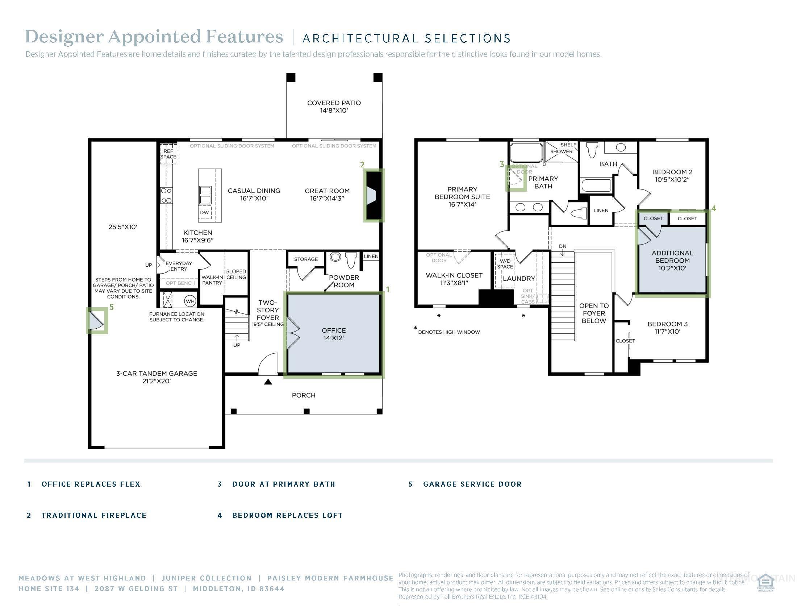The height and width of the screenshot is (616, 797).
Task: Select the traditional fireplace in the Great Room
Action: [373, 195]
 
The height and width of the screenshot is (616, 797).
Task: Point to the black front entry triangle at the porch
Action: [268, 382]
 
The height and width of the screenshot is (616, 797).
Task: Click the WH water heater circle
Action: [190, 301]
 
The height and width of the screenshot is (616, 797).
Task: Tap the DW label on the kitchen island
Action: [204, 212]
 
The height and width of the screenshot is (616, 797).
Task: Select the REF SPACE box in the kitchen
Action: [168, 154]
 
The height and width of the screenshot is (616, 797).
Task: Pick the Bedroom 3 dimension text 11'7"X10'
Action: [667, 331]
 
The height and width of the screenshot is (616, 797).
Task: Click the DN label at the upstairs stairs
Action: [563, 246]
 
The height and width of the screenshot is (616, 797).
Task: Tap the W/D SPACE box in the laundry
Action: [505, 264]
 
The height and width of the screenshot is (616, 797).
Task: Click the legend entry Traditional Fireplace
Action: [94, 515]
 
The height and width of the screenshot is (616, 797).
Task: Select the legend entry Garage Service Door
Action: [472, 484]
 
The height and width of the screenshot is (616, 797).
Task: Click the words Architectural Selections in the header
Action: [406, 38]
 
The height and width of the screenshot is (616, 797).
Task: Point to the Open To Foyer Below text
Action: [594, 313]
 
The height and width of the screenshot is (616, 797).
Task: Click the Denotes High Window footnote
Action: [448, 332]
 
